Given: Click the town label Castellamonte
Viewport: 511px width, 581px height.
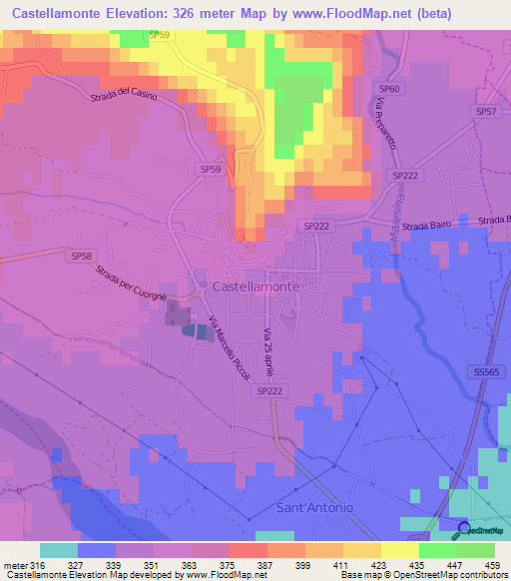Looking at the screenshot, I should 255,286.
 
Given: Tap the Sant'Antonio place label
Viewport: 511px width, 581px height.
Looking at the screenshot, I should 313,508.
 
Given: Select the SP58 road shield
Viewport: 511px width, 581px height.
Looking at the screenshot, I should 83,257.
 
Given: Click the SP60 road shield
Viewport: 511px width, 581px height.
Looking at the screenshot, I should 390,90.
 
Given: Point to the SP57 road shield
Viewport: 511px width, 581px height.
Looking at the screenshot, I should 486,112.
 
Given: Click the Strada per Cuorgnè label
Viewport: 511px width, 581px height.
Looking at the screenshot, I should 134,282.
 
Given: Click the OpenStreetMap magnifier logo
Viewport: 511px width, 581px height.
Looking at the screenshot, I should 464,529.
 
